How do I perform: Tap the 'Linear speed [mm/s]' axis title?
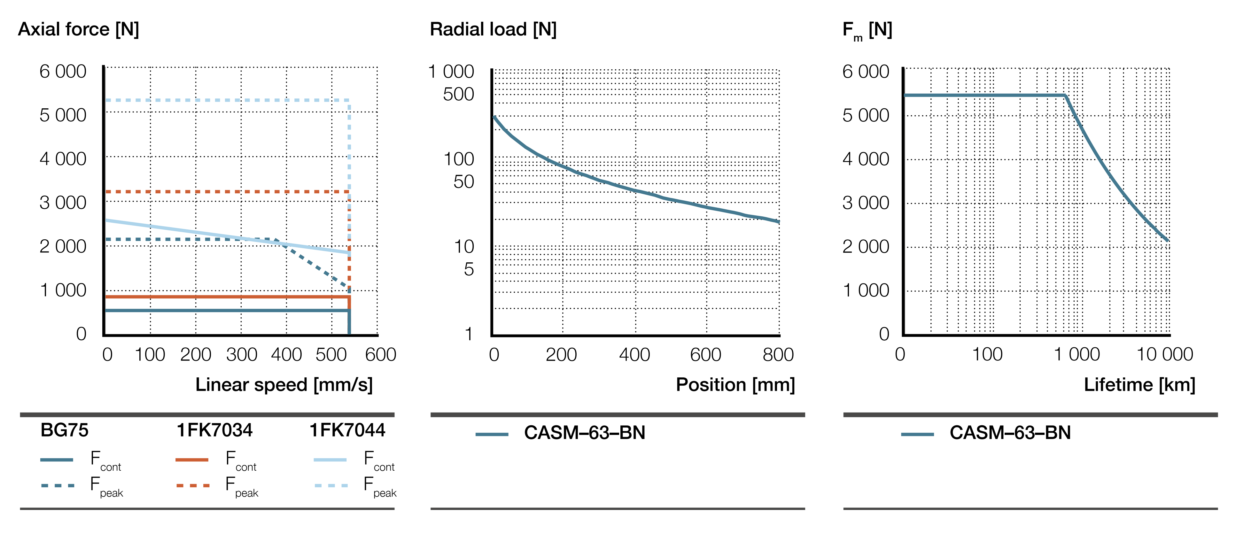[284, 385]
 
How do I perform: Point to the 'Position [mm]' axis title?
[735, 385]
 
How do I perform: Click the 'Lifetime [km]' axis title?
[1139, 385]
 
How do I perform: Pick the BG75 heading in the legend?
[64, 430]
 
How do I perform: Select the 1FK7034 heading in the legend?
[214, 430]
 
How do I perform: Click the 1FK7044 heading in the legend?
[347, 430]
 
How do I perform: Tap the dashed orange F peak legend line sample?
[193, 485]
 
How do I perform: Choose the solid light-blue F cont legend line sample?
[330, 460]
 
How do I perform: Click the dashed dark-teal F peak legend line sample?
[58, 485]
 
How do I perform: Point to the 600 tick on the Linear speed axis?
[381, 355]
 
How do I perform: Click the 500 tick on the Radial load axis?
[458, 94]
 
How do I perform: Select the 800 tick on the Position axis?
[778, 355]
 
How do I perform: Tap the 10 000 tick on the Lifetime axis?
[1165, 355]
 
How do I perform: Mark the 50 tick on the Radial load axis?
[463, 182]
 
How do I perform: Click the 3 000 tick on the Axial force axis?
[63, 203]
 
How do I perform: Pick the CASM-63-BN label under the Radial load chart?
[584, 433]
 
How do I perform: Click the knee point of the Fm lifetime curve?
[1065, 96]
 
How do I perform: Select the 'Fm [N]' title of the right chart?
[867, 30]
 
